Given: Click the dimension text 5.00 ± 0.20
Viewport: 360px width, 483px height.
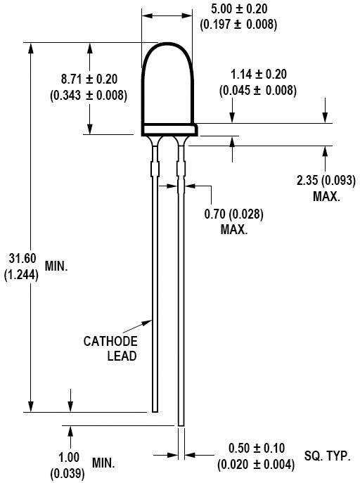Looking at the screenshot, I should tap(238, 9).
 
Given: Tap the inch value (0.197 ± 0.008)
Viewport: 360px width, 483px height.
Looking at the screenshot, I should tap(238, 24).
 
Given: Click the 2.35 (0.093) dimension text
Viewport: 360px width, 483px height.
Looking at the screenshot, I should tap(325, 181).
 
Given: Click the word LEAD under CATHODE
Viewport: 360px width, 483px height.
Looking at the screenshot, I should tap(122, 356).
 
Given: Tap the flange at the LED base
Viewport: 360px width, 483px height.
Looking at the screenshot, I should tap(169, 129).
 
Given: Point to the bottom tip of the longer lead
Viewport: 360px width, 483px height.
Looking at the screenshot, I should tap(181, 424).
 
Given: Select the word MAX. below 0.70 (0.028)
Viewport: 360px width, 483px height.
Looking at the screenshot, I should tap(233, 230).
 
